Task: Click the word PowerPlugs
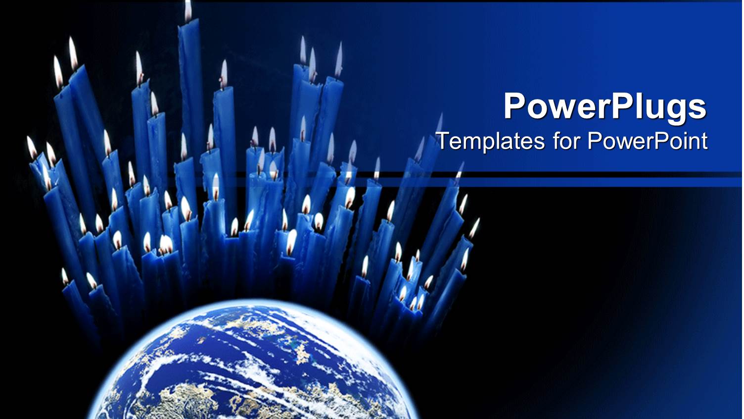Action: [605, 106]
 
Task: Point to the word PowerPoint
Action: [648, 141]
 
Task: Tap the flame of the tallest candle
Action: [188, 10]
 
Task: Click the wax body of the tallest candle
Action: [190, 74]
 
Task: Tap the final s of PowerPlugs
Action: [698, 109]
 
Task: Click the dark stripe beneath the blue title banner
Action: [569, 174]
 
